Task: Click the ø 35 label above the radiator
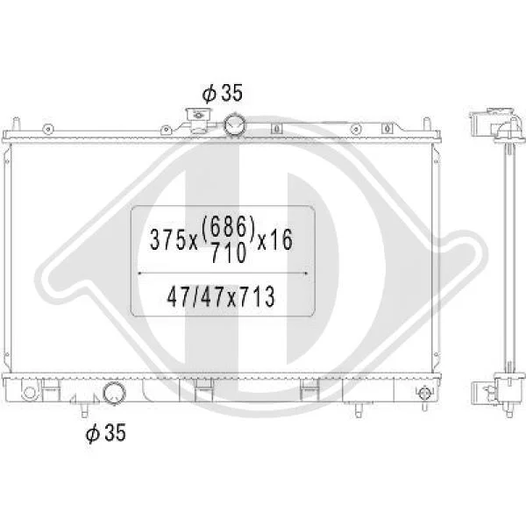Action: [222, 94]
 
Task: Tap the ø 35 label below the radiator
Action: [106, 432]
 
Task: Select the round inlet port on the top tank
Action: [234, 124]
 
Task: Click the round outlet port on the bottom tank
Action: [114, 394]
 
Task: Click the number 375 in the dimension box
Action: [167, 240]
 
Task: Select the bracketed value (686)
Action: [228, 228]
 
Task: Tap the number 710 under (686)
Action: [229, 252]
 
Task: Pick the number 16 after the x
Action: [281, 240]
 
